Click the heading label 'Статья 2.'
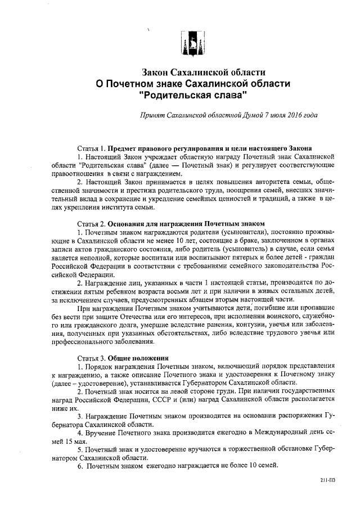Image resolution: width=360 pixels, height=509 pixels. point(91,224)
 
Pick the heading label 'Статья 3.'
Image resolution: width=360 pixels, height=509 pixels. point(91,358)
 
